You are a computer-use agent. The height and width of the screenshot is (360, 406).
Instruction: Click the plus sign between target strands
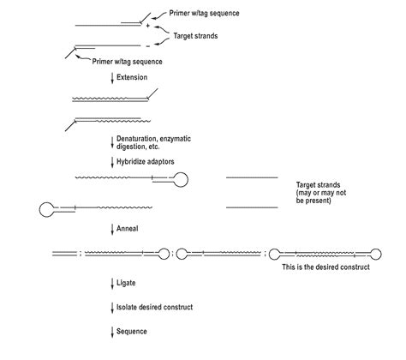point(148,27)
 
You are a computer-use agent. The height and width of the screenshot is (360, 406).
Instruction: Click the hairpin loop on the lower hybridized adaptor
point(48,207)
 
